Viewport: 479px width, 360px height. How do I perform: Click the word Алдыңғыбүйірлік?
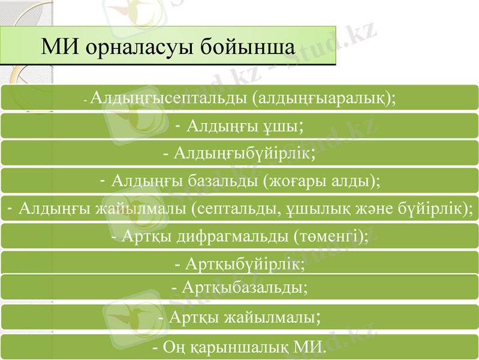pos(243,153)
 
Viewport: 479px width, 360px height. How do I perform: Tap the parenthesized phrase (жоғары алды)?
pos(321,181)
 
